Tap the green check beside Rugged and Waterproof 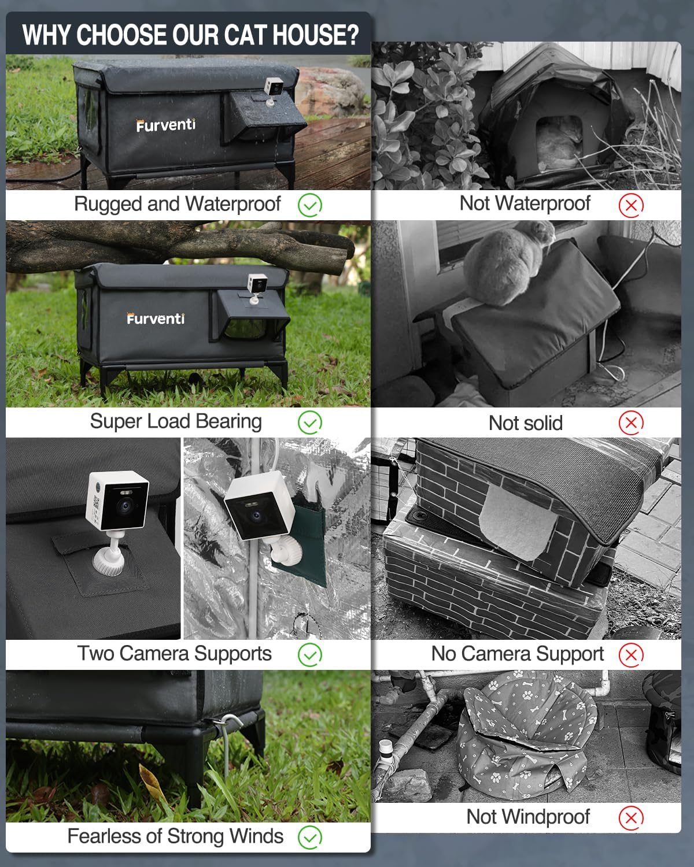pyautogui.click(x=310, y=205)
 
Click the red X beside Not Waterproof pyautogui.click(x=631, y=205)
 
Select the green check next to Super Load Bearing pyautogui.click(x=310, y=423)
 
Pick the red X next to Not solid pyautogui.click(x=631, y=423)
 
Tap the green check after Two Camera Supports pyautogui.click(x=310, y=654)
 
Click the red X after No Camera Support pyautogui.click(x=631, y=654)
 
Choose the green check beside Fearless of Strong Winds pyautogui.click(x=310, y=837)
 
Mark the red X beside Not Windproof pyautogui.click(x=631, y=817)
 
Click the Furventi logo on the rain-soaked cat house pyautogui.click(x=166, y=125)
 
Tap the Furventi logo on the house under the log pyautogui.click(x=156, y=318)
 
